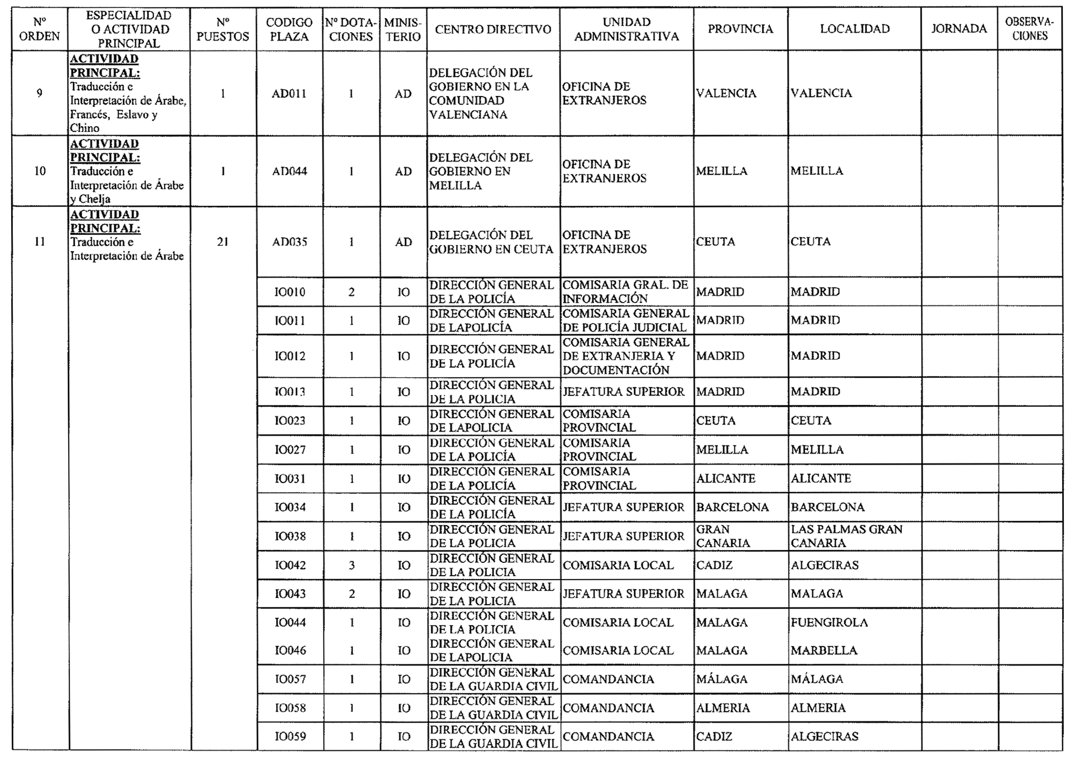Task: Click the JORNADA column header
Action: click(x=959, y=29)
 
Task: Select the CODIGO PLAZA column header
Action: click(x=289, y=30)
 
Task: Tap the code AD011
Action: click(x=289, y=93)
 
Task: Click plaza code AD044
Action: click(x=289, y=171)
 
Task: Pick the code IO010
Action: click(x=290, y=292)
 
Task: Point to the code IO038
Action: click(x=290, y=536)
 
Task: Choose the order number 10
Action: click(x=40, y=171)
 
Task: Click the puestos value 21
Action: click(x=223, y=242)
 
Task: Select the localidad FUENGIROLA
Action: click(x=829, y=622)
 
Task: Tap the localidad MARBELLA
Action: click(x=824, y=650)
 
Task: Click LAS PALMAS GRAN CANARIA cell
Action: click(x=847, y=536)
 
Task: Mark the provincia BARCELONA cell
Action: click(x=732, y=507)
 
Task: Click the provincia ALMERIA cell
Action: click(x=723, y=708)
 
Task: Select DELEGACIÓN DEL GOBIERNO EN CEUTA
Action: click(x=491, y=242)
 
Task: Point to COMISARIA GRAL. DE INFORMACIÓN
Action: click(x=625, y=292)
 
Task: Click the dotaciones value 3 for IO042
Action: click(x=351, y=565)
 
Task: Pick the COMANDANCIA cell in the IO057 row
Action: click(x=608, y=679)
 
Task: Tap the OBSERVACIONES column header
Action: click(x=1029, y=29)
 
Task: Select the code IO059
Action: click(x=290, y=736)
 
